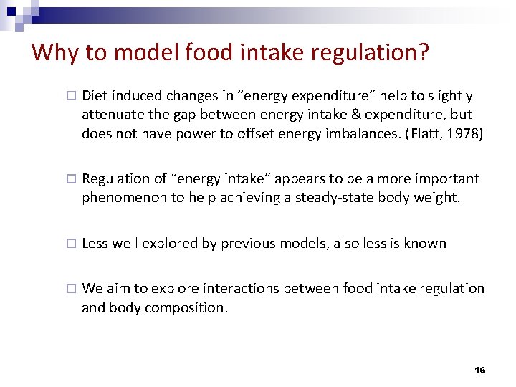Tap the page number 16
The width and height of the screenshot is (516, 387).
pyautogui.click(x=479, y=370)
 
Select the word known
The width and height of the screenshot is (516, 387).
pyautogui.click(x=426, y=243)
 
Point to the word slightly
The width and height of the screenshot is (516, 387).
pyautogui.click(x=449, y=95)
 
